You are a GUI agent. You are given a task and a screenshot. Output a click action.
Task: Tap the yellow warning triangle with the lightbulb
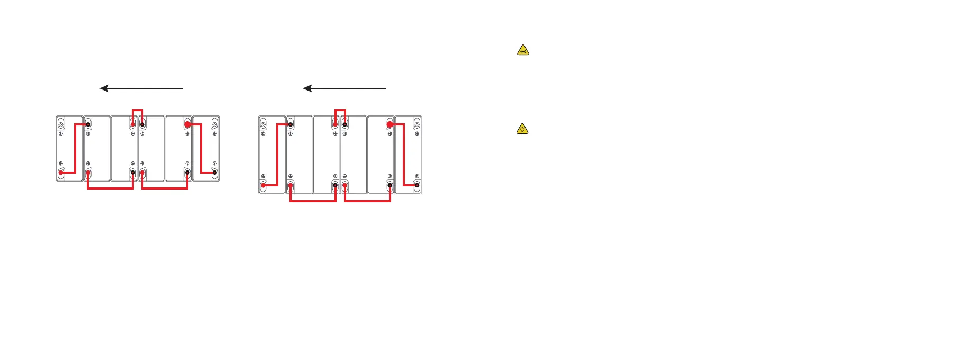[522, 129]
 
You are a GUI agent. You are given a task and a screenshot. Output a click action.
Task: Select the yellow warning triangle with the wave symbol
[523, 50]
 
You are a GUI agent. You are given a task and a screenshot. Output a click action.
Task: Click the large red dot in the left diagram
[187, 124]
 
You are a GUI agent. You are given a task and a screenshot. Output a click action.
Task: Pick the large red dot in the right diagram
[390, 124]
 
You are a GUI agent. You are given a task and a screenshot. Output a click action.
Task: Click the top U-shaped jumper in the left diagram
[138, 110]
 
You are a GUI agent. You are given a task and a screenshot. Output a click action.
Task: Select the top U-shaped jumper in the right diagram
[340, 110]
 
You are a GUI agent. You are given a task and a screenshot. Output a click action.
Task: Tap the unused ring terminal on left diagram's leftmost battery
[61, 124]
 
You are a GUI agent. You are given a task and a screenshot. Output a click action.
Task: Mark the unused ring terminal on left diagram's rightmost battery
[214, 124]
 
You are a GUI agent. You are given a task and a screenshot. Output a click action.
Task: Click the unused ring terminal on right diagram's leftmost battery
[264, 124]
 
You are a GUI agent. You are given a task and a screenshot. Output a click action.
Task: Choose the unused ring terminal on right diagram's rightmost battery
[417, 124]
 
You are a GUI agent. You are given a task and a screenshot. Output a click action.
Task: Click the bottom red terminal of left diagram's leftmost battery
[61, 173]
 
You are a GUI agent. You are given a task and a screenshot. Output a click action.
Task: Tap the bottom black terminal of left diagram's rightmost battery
[214, 173]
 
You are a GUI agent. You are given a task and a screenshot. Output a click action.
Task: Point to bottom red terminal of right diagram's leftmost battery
[264, 185]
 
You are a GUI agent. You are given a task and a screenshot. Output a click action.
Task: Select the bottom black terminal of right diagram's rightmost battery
[417, 185]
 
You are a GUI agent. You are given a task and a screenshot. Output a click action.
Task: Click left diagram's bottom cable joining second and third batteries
[110, 188]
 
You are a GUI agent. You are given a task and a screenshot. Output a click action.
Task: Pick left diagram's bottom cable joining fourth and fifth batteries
[165, 188]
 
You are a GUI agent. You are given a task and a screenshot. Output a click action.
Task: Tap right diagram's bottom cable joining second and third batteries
[313, 201]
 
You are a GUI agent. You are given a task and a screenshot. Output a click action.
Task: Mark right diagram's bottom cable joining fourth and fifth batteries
[367, 201]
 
